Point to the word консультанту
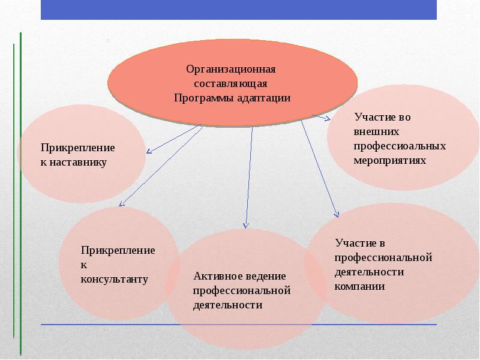coord(115,279)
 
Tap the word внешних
coord(376,131)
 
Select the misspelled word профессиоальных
coord(400,146)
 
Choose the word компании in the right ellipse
coord(359,286)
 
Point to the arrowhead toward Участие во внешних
coord(327,119)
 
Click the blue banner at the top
coord(239,10)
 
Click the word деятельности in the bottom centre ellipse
coord(228,305)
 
